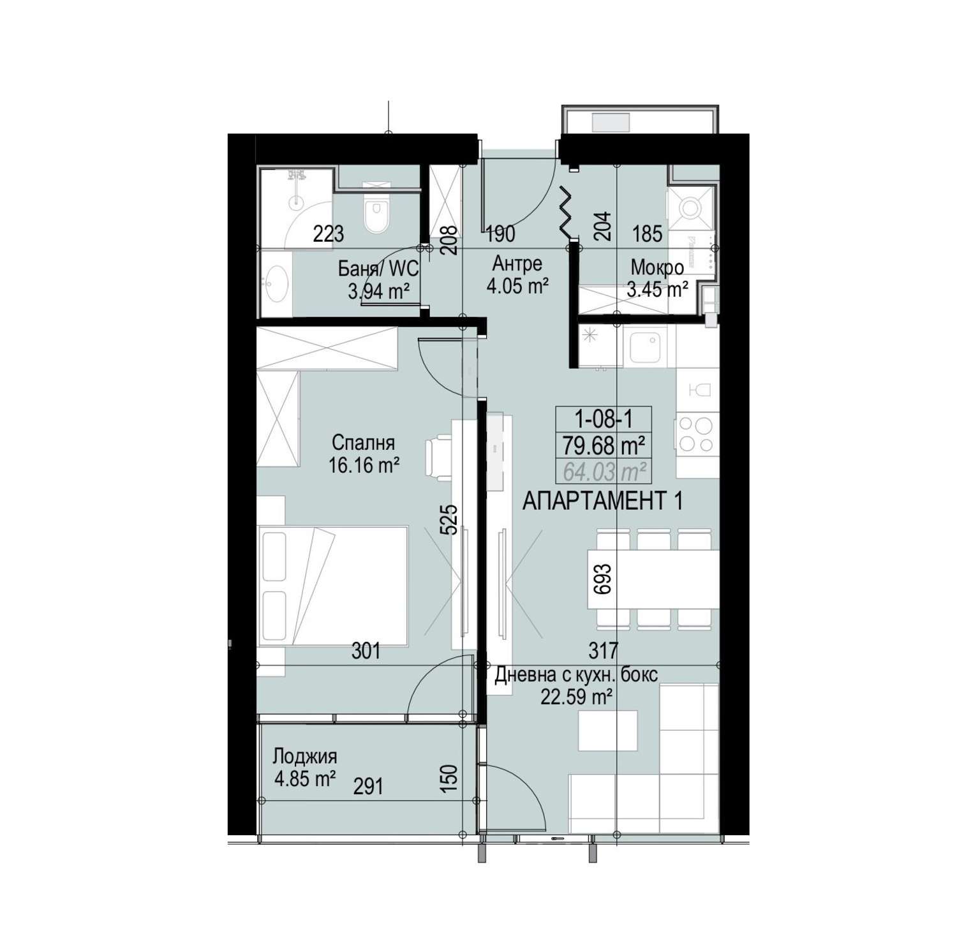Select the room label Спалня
click(363, 442)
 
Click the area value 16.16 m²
click(364, 465)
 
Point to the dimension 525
click(449, 519)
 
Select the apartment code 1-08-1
click(604, 419)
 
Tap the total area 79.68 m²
click(604, 445)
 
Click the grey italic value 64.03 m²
click(604, 471)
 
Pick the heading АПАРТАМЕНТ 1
click(602, 501)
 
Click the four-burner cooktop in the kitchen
click(697, 434)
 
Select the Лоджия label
click(305, 757)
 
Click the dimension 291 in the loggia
click(368, 785)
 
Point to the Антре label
click(517, 263)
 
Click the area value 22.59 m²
click(577, 697)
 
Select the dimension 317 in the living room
click(603, 651)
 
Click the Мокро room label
click(657, 267)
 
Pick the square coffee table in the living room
click(607, 731)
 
